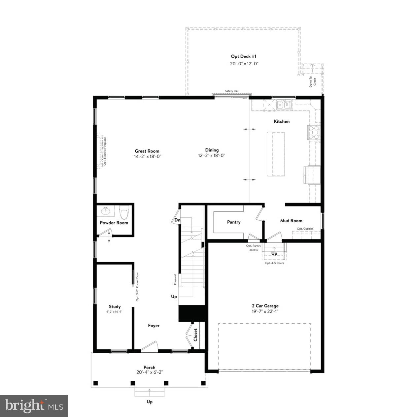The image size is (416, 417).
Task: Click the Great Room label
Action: point(147,151)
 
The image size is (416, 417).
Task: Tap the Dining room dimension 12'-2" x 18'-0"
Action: point(212,156)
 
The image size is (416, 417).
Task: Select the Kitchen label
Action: point(282,121)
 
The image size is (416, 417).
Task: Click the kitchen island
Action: point(276,154)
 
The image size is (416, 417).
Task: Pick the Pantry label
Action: point(234,222)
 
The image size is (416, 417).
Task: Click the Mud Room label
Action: point(291,221)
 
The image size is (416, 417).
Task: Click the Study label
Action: point(115,306)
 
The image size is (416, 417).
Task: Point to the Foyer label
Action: point(154,326)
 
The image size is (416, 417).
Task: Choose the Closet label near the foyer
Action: point(195,335)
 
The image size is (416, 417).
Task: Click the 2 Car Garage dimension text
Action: point(264,311)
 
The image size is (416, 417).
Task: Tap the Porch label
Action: point(149,368)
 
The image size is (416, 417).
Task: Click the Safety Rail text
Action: point(231,91)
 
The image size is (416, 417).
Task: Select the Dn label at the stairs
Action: point(177,220)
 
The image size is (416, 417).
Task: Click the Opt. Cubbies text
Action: point(305,229)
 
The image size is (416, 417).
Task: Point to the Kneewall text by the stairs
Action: point(175,279)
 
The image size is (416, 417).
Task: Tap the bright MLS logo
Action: point(34,405)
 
